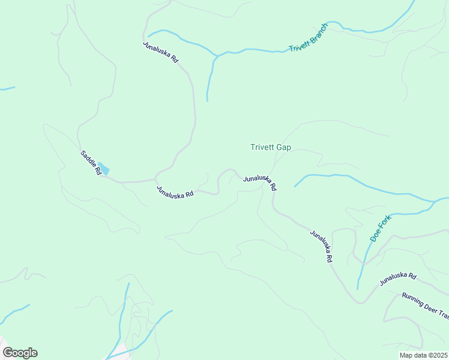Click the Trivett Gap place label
(270, 147)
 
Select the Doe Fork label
(380, 228)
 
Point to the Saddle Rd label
(91, 163)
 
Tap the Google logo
(20, 353)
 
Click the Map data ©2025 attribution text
(424, 355)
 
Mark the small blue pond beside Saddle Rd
(104, 169)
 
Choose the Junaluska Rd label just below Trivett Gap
(260, 182)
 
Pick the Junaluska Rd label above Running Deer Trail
(398, 278)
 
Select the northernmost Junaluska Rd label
(161, 52)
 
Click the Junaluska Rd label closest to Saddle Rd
(175, 191)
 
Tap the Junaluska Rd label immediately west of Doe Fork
(321, 247)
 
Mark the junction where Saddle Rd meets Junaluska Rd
(155, 179)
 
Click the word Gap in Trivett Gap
(283, 147)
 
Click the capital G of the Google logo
(8, 353)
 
